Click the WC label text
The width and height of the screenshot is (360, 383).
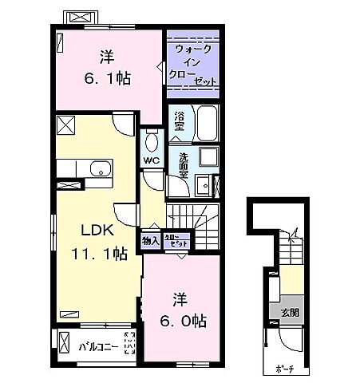tap(152, 160)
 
